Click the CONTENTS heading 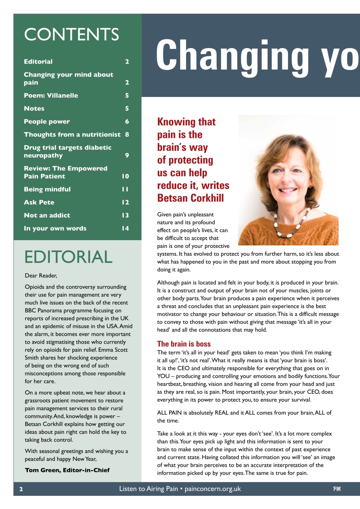[x=72, y=35]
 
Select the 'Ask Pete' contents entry [x=39, y=202]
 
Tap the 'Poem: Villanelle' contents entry [x=51, y=95]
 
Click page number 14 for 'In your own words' [x=125, y=228]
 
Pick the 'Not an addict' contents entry [x=47, y=216]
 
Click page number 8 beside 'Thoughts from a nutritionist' [x=127, y=134]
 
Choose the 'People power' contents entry [x=47, y=122]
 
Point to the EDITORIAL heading [x=68, y=257]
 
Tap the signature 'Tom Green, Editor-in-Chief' [x=67, y=470]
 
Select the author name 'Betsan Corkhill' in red [x=191, y=198]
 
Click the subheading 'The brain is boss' [x=184, y=344]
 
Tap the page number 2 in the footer [x=21, y=489]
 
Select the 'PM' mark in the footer [x=337, y=489]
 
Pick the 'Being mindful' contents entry [x=47, y=189]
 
